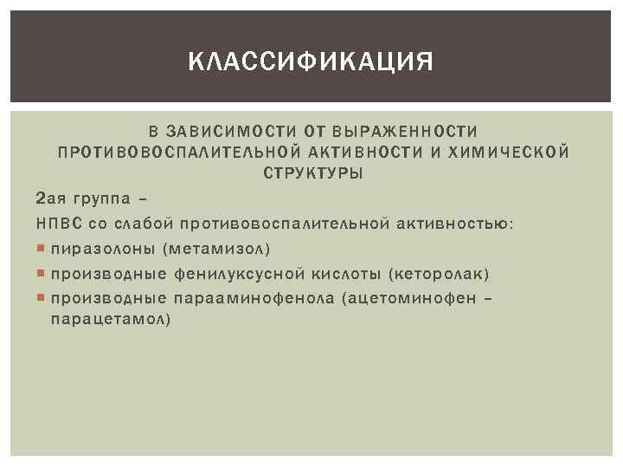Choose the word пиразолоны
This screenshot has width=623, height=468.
click(x=103, y=250)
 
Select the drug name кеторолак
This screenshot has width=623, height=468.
click(x=440, y=275)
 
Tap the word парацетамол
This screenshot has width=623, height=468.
click(x=110, y=320)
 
